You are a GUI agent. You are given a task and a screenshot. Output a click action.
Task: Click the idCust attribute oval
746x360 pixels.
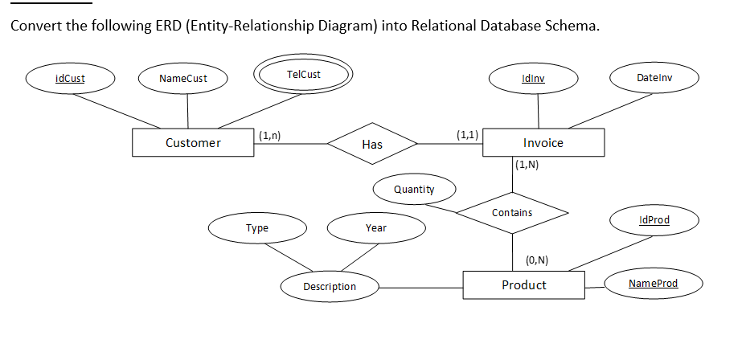tap(70, 79)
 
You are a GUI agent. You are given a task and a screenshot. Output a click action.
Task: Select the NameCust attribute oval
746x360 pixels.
tap(183, 79)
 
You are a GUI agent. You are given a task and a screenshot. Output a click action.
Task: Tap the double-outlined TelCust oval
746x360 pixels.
tap(303, 75)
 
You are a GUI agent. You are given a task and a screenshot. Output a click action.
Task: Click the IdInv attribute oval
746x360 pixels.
tap(533, 78)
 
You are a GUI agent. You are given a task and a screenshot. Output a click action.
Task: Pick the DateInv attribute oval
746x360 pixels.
tap(654, 78)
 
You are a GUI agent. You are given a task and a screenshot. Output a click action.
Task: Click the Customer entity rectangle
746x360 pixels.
tap(193, 143)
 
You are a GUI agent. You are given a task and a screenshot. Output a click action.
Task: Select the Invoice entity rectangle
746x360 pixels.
tap(543, 143)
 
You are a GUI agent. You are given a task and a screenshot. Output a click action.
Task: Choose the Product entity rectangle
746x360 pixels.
tap(524, 285)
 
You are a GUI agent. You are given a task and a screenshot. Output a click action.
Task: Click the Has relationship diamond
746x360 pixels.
tap(372, 145)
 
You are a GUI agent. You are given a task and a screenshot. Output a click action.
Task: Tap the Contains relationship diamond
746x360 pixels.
tap(512, 213)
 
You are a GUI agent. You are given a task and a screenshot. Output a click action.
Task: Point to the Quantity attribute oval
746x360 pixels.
tap(414, 190)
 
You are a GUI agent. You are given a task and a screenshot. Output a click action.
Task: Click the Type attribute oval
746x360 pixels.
tap(257, 228)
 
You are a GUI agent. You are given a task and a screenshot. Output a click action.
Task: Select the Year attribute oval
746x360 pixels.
tap(376, 228)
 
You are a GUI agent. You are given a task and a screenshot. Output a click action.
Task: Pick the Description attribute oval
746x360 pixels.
tap(330, 287)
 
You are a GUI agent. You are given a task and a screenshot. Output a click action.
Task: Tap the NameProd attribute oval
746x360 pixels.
tap(654, 284)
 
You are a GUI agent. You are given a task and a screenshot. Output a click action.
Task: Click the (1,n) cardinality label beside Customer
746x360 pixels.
tap(269, 135)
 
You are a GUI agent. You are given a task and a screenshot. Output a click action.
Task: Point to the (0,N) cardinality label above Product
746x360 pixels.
tap(537, 260)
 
